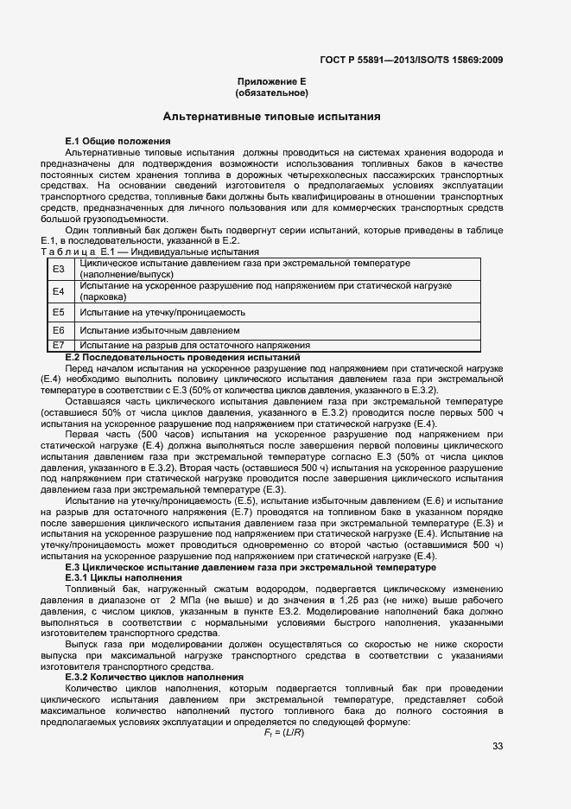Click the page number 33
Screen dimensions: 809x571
498,746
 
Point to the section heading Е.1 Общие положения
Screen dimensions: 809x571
117,140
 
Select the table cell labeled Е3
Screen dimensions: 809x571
59,269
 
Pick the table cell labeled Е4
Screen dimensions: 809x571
59,290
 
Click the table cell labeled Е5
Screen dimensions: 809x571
59,311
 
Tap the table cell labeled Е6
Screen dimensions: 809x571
59,330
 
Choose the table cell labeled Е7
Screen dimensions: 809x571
59,345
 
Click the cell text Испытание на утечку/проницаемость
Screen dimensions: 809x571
152,311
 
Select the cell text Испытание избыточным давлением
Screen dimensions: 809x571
147,330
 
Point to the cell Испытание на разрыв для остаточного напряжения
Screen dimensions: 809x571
182,345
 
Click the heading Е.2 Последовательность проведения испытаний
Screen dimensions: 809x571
182,356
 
